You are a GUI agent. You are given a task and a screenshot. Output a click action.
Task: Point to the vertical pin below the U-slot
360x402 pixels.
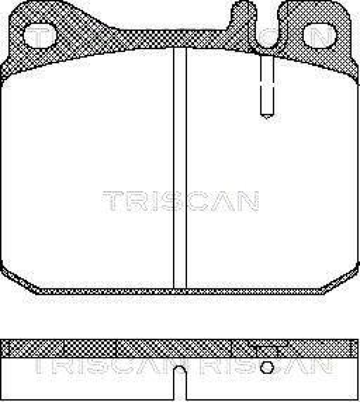point(265,85)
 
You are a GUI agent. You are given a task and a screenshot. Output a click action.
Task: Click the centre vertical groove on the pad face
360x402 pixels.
point(179,171)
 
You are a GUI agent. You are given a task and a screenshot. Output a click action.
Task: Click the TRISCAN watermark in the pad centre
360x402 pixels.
point(181,201)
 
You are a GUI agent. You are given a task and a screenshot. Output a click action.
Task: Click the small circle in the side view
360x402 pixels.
point(268,368)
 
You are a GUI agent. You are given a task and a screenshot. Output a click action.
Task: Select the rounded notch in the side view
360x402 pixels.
point(179,372)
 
